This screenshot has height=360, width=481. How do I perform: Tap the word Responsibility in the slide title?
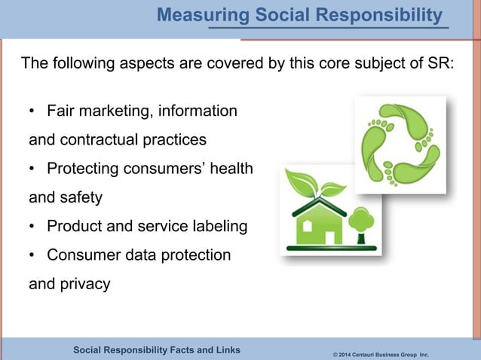click(x=381, y=15)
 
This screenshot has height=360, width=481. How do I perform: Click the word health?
click(x=229, y=169)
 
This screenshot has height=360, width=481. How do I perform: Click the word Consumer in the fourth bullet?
click(x=81, y=255)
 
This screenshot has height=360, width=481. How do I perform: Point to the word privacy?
click(x=84, y=284)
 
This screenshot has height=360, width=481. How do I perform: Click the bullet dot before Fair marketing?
click(x=32, y=112)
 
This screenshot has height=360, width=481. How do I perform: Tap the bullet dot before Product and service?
click(x=32, y=227)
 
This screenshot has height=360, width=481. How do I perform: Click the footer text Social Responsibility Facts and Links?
click(x=157, y=349)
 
